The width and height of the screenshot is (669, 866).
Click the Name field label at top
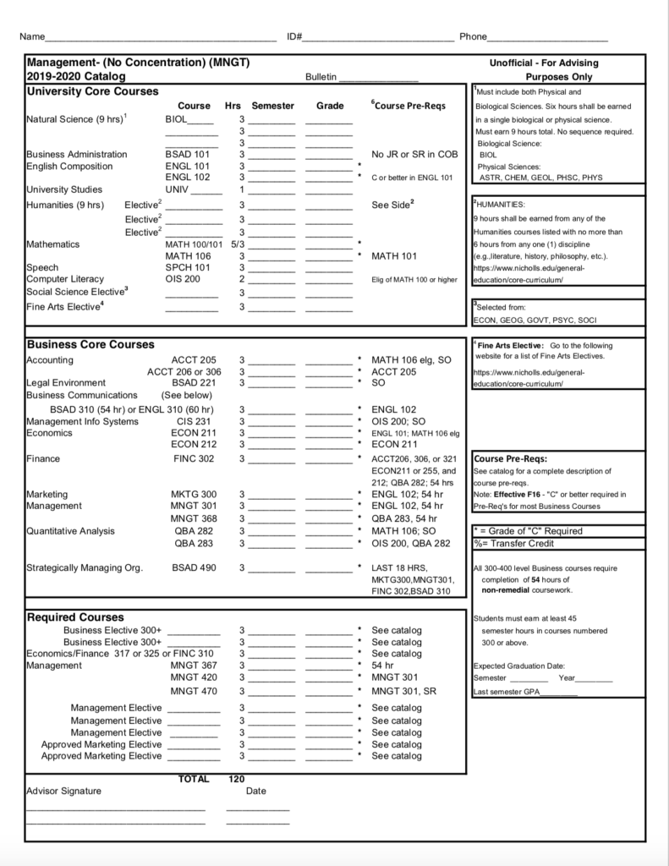31,37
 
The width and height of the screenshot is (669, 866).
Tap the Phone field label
473,37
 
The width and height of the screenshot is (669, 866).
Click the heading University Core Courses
92,91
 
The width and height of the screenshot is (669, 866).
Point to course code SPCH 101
186,267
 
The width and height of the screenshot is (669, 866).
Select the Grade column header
329,106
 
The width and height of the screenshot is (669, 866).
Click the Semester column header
272,106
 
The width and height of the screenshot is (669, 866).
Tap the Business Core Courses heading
90,345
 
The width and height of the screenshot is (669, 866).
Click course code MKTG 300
194,494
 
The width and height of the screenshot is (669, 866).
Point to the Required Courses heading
75,617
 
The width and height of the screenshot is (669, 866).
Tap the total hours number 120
237,779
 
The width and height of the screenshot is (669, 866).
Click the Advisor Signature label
63,792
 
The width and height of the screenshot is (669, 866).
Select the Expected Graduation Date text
519,666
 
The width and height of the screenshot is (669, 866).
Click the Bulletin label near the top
321,77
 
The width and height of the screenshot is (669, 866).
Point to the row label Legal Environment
66,383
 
